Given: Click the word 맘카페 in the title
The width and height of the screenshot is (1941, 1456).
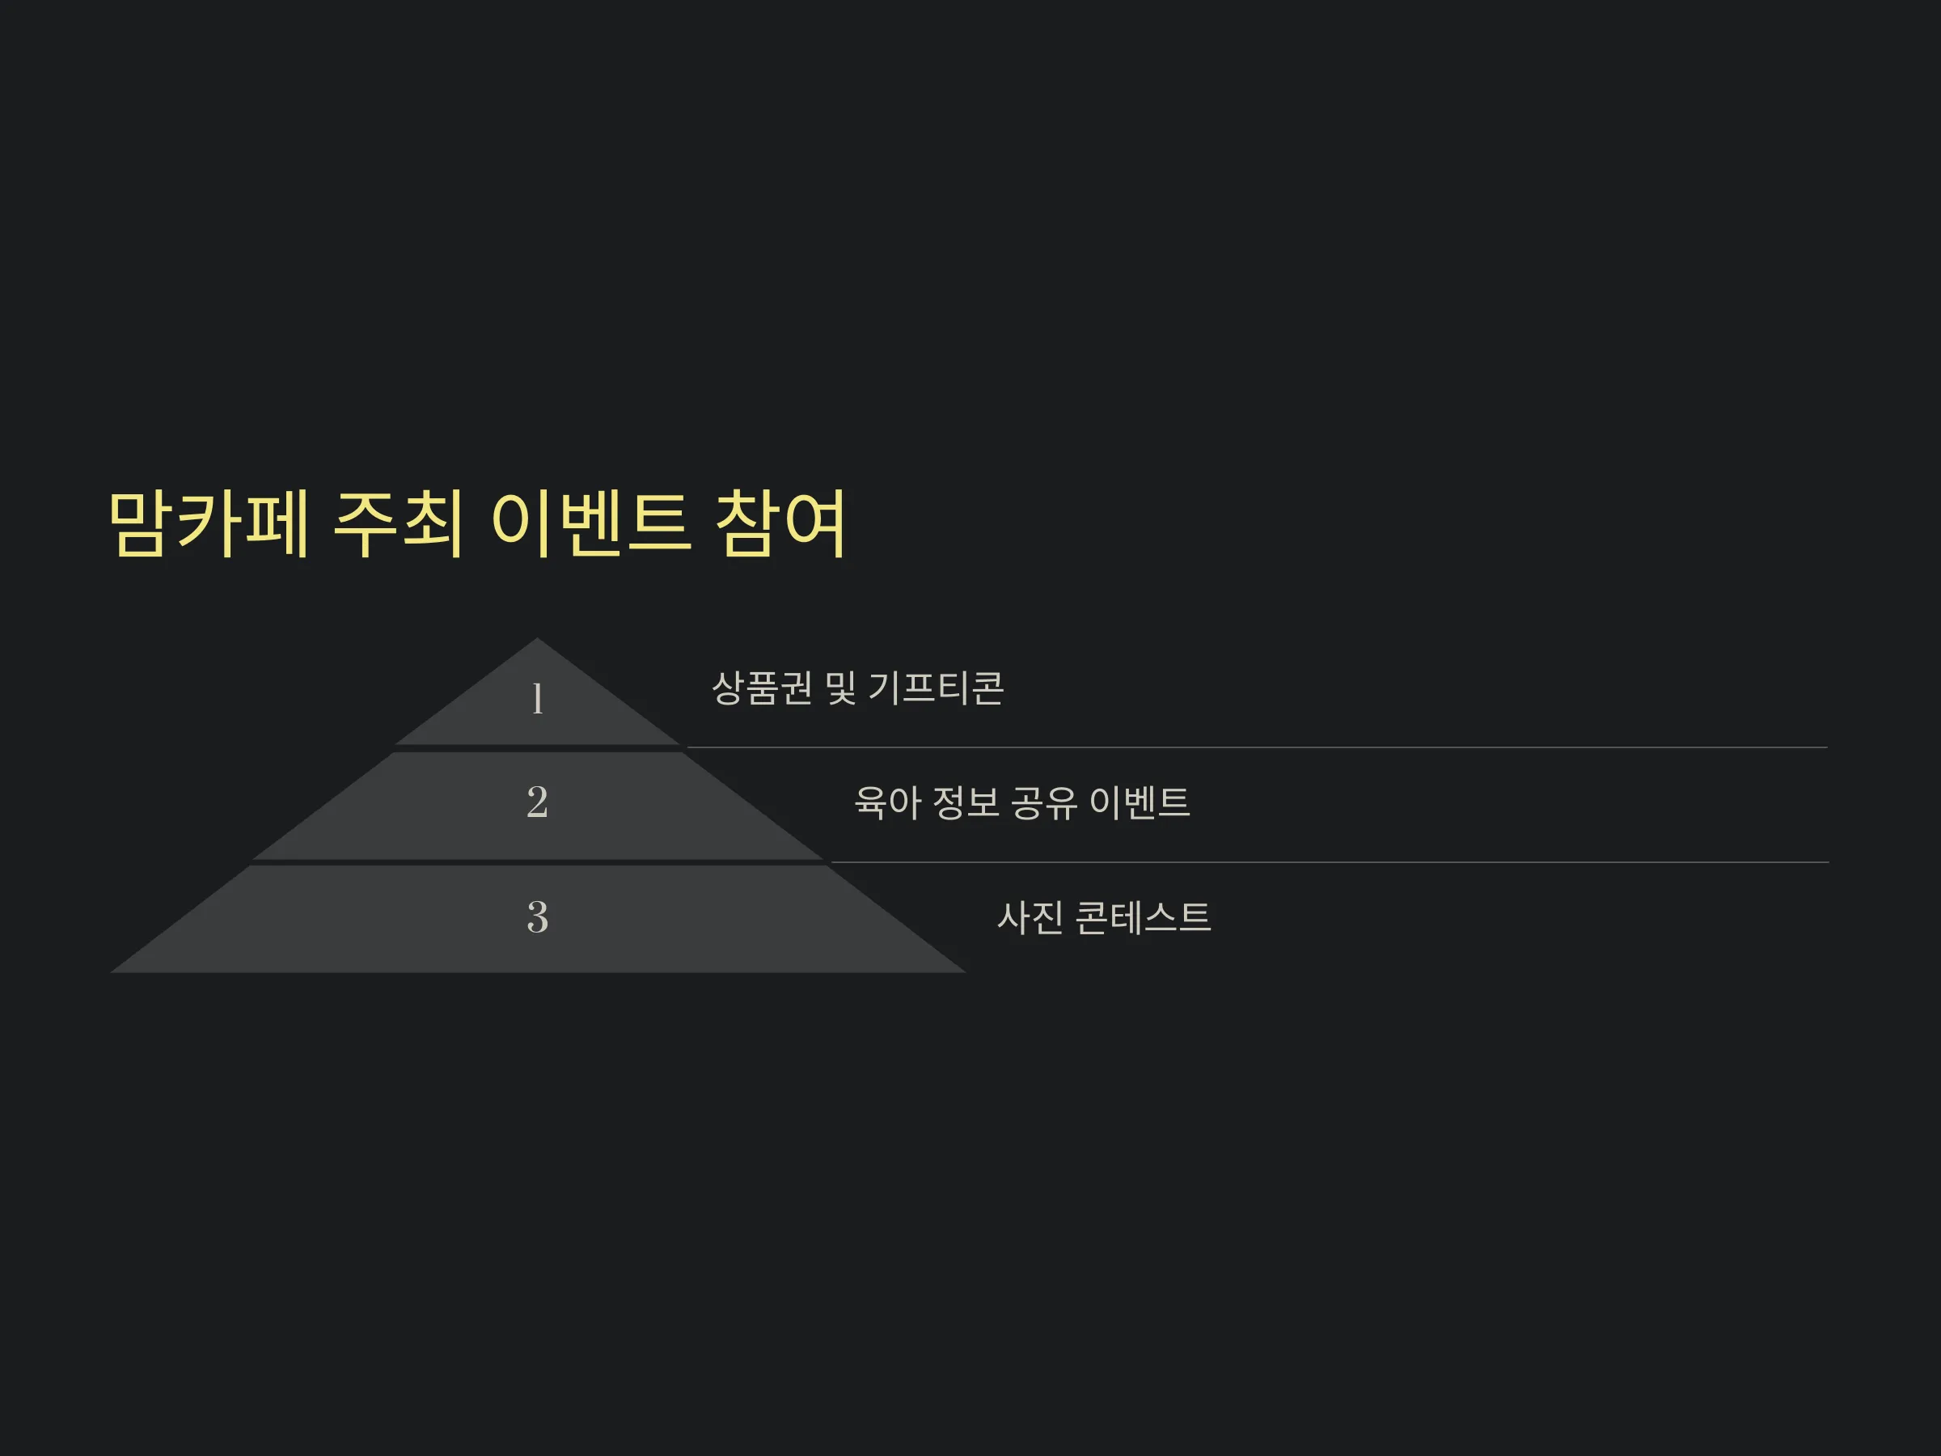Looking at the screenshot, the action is [209, 524].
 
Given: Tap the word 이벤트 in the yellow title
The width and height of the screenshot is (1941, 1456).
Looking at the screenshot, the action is [590, 524].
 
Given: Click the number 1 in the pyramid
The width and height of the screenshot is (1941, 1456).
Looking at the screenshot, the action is [537, 700].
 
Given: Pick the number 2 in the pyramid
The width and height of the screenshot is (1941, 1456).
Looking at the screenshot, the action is [537, 802].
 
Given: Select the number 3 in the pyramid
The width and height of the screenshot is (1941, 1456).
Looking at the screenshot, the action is [537, 917].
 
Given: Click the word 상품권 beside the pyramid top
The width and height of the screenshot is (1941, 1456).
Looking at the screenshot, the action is [762, 688].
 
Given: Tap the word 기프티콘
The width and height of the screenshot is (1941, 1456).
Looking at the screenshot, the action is [937, 688].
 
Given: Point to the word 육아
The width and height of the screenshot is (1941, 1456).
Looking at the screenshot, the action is [887, 802].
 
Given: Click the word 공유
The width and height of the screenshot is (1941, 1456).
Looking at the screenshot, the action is [1043, 802].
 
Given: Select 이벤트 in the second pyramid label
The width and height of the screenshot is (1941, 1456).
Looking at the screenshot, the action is [1139, 802].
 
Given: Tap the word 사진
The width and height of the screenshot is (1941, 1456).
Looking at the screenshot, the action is [1030, 918].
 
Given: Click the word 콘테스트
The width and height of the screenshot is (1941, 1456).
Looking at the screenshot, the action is [1143, 918].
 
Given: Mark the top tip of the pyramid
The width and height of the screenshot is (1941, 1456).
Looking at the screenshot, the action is [537, 638].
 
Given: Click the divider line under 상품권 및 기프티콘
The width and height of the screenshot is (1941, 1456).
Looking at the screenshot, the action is [1257, 747].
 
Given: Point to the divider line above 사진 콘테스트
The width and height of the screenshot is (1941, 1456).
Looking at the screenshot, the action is [1330, 863].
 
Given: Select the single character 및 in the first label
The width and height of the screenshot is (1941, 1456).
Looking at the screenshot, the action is [840, 688].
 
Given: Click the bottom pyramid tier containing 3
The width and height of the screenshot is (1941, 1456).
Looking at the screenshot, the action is [537, 919].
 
